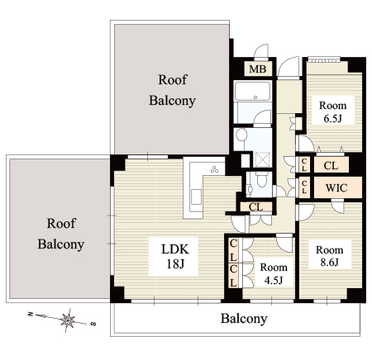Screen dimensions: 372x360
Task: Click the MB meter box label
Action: click(x=258, y=69)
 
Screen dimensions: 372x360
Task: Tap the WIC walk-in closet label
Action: click(x=336, y=188)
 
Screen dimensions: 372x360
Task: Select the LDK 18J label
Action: click(x=175, y=257)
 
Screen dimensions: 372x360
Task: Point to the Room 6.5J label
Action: click(x=333, y=112)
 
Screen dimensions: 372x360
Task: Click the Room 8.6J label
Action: click(x=330, y=256)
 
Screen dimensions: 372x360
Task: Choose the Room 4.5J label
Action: click(x=274, y=273)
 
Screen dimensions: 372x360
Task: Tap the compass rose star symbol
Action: click(x=68, y=320)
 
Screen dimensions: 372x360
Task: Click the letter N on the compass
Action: click(x=31, y=314)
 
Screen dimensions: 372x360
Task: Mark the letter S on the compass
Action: click(x=93, y=324)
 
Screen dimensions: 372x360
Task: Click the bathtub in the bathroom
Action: click(x=252, y=91)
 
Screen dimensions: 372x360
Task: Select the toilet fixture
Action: click(x=260, y=179)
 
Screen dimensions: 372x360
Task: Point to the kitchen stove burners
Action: click(x=214, y=169)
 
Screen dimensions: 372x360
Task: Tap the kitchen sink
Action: click(x=196, y=197)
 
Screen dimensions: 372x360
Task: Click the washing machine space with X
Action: click(x=262, y=159)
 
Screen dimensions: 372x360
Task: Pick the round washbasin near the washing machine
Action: click(x=241, y=135)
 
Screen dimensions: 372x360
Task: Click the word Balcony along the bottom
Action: click(x=244, y=319)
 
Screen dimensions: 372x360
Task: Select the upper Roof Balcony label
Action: click(x=172, y=90)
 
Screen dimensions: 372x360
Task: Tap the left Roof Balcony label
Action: click(x=61, y=234)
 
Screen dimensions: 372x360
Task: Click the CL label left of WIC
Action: click(x=304, y=187)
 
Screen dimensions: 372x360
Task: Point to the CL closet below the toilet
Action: click(x=255, y=207)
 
